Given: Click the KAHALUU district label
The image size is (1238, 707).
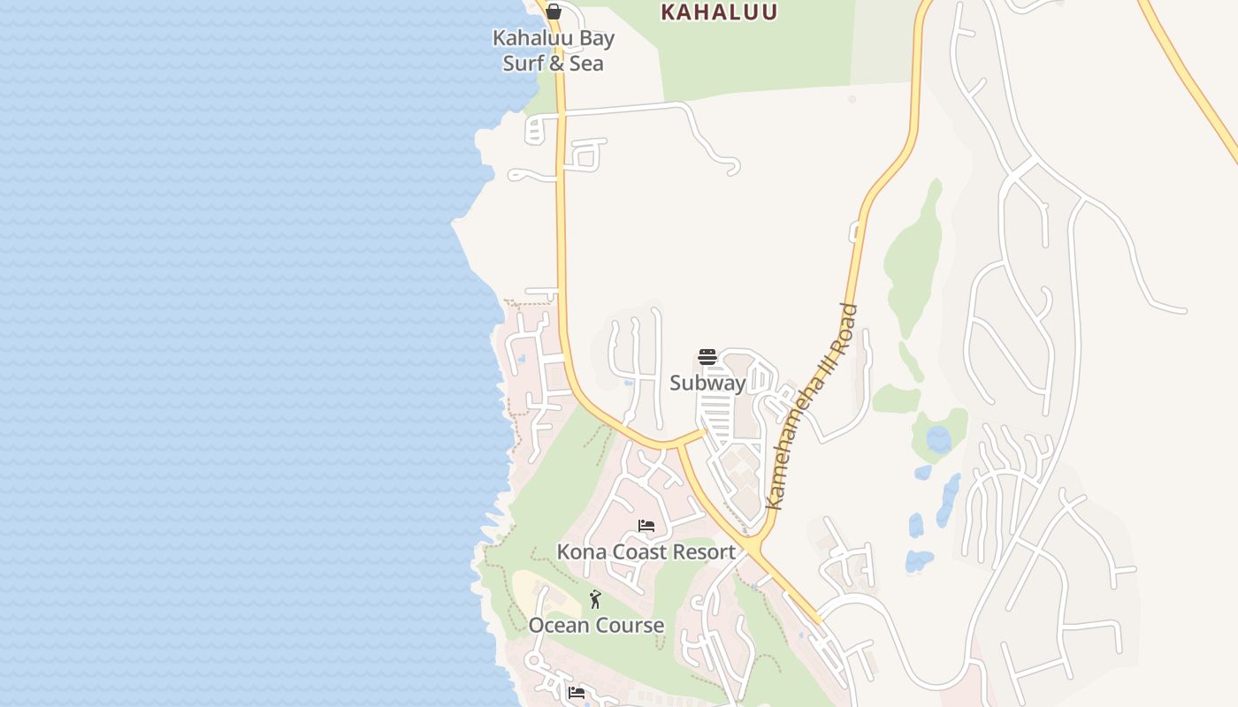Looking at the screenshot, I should [719, 11].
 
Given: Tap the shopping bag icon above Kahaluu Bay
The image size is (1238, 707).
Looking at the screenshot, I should [553, 11].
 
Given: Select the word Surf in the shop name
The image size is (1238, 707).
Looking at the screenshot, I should [522, 64].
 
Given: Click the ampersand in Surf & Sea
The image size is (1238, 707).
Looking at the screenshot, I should [556, 64].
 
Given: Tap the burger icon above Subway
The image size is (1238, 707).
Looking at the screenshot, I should [707, 357].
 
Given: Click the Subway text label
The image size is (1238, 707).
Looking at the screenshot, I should [707, 383].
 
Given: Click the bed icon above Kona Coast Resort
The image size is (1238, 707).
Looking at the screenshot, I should [646, 527].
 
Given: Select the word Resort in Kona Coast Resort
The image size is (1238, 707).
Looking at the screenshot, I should [702, 552].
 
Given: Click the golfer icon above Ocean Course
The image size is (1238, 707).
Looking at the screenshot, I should [595, 600].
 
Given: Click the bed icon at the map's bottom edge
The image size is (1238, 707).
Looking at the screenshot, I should [577, 693].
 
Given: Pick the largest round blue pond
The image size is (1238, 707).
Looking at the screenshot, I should [938, 439].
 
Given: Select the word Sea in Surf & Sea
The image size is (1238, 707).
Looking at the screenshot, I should [586, 64].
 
